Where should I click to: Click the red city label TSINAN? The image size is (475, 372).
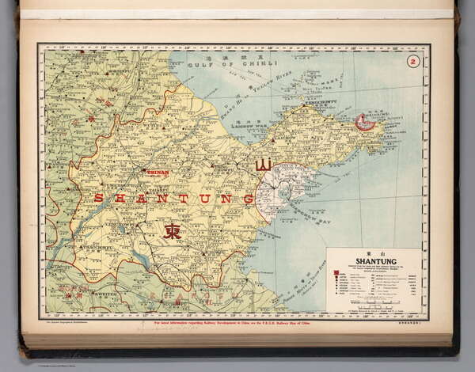[158, 172]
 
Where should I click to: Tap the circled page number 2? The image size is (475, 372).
[412, 62]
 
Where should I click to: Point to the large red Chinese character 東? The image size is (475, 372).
[172, 231]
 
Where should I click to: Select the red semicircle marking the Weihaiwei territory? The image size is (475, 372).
[365, 122]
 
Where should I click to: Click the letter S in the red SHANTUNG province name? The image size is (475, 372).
[98, 198]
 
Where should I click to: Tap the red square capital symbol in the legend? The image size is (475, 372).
[336, 274]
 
